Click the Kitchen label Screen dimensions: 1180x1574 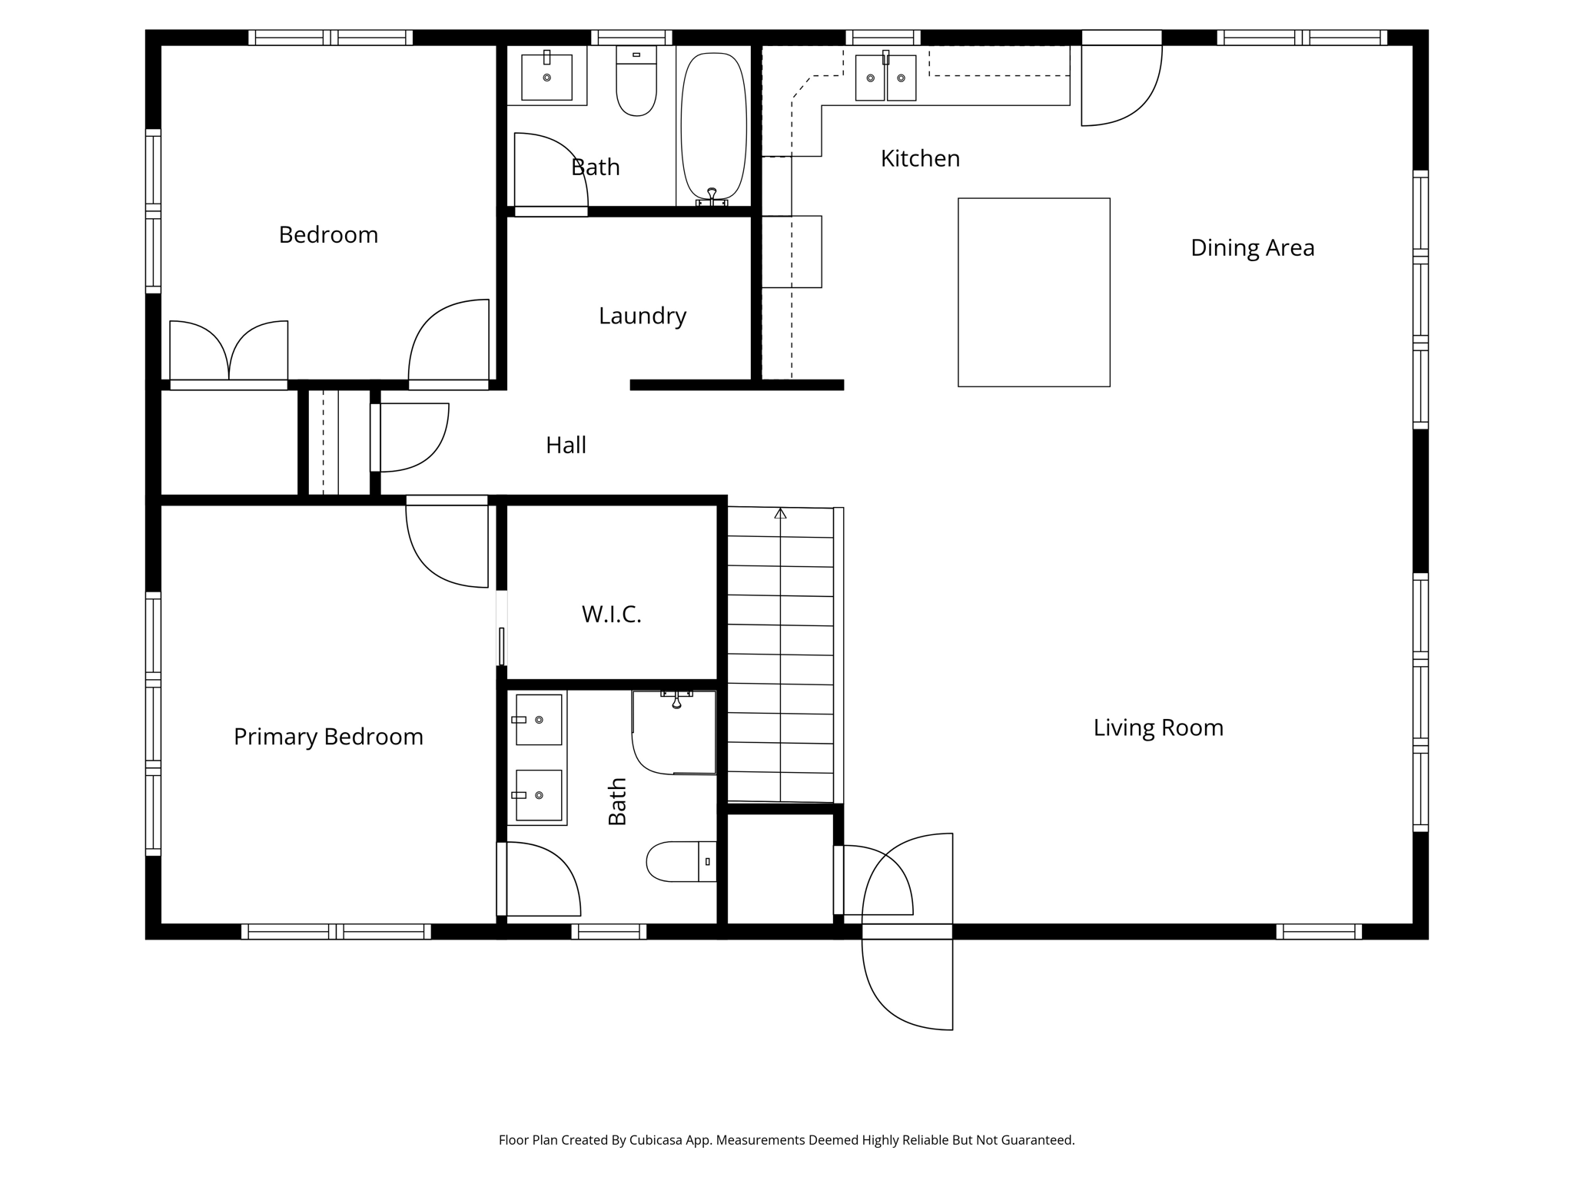pos(920,158)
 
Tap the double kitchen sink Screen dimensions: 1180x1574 pos(885,78)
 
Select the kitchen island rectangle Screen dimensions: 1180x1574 pos(1033,292)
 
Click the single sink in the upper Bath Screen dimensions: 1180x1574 pos(546,77)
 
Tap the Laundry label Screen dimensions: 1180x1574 pos(642,316)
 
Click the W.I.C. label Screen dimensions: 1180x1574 pos(611,614)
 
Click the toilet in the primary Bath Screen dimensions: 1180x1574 pos(680,861)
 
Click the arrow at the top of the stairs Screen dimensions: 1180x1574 pos(780,513)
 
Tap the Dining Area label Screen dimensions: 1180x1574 pos(1252,247)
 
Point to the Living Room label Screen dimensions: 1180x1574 pos(1157,728)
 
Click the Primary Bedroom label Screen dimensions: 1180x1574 pos(328,737)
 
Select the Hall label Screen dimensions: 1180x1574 pos(566,445)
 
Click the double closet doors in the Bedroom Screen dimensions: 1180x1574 pos(228,352)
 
